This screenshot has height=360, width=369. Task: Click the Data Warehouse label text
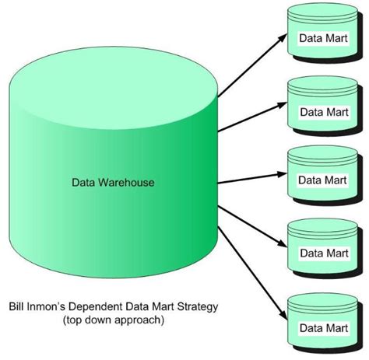pyautogui.click(x=113, y=183)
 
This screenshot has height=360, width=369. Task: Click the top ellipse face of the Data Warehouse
pyautogui.click(x=113, y=79)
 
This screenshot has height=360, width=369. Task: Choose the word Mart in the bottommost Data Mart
pyautogui.click(x=337, y=323)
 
